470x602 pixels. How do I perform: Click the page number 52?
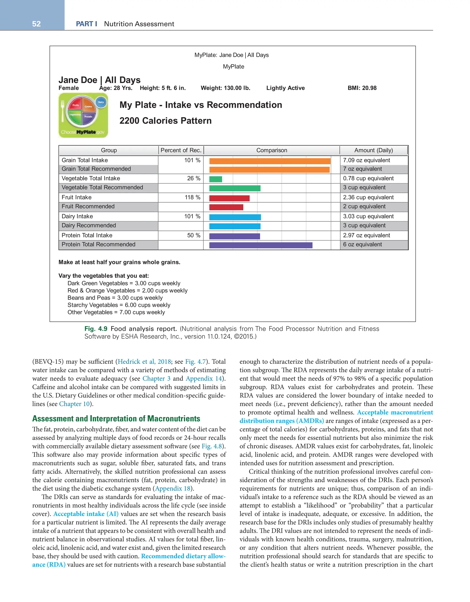[x=36, y=24]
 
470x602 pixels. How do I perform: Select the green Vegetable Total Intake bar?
[x=215, y=179]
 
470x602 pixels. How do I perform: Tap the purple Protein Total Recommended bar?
[x=260, y=245]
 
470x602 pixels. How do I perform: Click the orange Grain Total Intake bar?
[x=270, y=161]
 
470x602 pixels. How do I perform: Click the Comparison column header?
[x=271, y=150]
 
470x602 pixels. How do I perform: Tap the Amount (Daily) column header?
[x=373, y=150]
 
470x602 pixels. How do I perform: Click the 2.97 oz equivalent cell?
[x=366, y=235]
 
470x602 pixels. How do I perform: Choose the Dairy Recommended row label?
[x=89, y=225]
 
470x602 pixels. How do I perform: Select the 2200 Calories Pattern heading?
[x=165, y=121]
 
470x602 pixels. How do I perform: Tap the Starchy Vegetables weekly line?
[x=119, y=305]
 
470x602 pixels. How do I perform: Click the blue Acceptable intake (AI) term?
[x=86, y=514]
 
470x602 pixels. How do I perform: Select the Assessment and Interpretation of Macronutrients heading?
[x=116, y=419]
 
